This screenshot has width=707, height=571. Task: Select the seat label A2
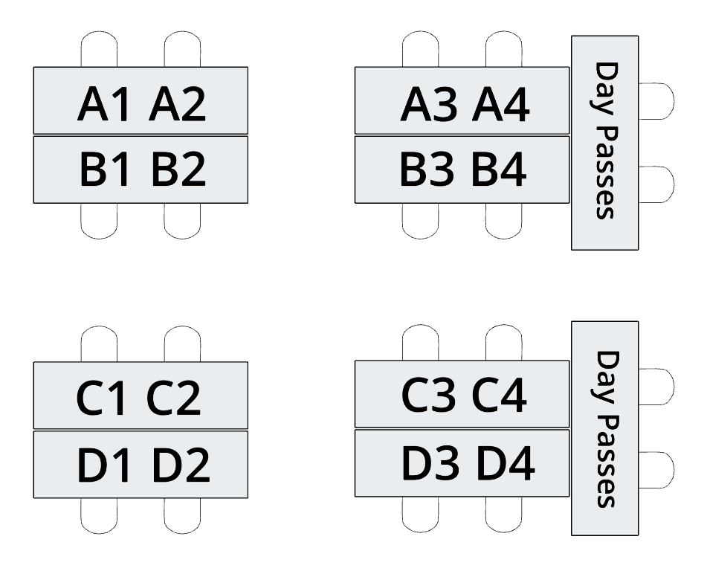[x=177, y=106]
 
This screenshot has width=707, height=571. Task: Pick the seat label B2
[x=178, y=170]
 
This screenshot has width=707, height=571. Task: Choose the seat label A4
[x=500, y=106]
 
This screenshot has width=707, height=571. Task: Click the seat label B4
[x=500, y=170]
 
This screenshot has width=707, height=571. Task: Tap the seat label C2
[x=174, y=399]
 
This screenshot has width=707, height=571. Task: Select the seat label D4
[x=505, y=462]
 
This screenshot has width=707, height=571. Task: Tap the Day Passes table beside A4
[x=604, y=141]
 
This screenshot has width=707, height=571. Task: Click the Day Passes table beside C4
[x=604, y=428]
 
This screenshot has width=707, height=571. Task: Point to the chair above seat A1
[x=99, y=49]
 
